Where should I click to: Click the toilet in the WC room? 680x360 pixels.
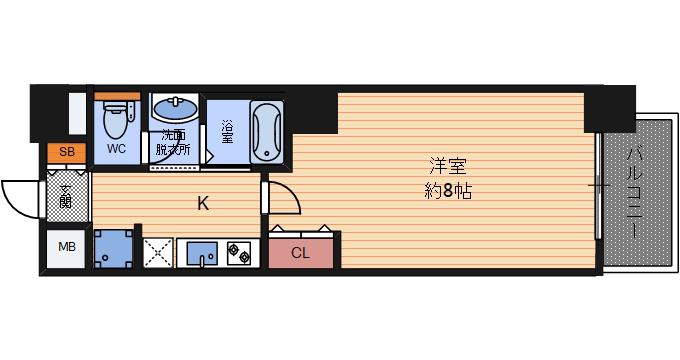[116, 119]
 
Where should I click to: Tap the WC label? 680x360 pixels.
[116, 149]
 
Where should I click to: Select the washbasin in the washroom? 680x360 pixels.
[174, 108]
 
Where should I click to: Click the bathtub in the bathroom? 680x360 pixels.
[267, 131]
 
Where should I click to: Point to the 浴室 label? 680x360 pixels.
[227, 132]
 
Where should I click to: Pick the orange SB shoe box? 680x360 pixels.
[66, 152]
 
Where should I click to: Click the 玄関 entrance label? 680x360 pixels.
[66, 196]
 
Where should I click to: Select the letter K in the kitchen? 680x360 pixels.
[203, 203]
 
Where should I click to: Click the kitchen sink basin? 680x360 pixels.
[202, 253]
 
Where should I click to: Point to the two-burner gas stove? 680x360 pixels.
[239, 253]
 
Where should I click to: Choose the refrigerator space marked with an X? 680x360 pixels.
[158, 253]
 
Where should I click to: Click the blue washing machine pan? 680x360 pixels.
[113, 249]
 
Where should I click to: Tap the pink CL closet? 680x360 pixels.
[301, 253]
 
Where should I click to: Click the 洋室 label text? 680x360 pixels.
[448, 167]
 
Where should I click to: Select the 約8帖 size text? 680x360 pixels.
[448, 191]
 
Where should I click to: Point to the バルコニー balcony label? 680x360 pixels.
[635, 193]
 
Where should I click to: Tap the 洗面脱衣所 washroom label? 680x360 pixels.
[173, 142]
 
